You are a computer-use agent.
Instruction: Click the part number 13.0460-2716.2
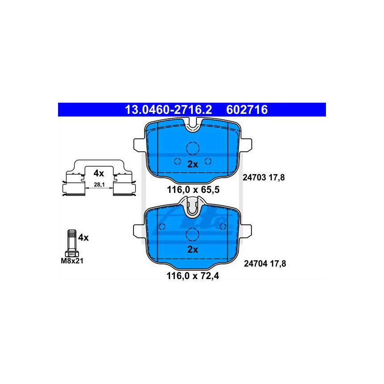(x=168, y=110)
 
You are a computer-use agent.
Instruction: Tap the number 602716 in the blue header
(x=247, y=110)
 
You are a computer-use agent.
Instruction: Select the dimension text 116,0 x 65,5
(x=193, y=190)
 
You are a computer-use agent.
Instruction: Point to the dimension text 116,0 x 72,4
(x=193, y=276)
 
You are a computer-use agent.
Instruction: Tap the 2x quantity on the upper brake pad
(x=192, y=164)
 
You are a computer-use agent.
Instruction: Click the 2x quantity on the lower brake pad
(x=192, y=250)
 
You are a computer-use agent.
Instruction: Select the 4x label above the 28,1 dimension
(x=98, y=173)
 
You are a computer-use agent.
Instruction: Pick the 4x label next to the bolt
(x=83, y=238)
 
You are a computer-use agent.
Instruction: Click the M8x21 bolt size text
(x=72, y=261)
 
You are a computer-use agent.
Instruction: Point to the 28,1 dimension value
(x=98, y=184)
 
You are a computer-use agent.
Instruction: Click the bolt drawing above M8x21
(x=71, y=243)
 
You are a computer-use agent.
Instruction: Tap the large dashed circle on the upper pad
(x=192, y=148)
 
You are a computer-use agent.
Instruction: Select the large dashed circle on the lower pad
(x=192, y=234)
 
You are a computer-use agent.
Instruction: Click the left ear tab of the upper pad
(x=140, y=145)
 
